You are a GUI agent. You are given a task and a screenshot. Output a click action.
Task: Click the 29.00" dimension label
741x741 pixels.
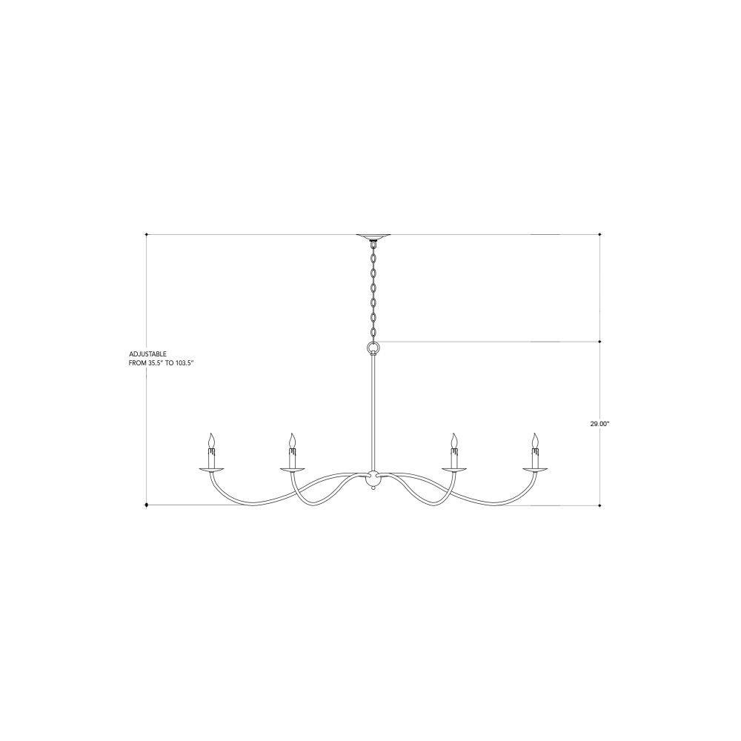coord(599,424)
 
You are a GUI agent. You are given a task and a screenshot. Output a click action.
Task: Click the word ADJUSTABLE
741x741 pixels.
coord(147,353)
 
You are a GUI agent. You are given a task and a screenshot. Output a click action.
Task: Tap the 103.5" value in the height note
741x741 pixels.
coord(184,363)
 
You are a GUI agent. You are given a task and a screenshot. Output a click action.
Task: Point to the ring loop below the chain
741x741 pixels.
coord(373,349)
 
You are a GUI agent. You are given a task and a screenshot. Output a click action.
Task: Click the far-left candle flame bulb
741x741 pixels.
coord(212,440)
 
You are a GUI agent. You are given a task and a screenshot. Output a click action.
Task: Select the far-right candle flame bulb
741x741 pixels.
coord(535,440)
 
